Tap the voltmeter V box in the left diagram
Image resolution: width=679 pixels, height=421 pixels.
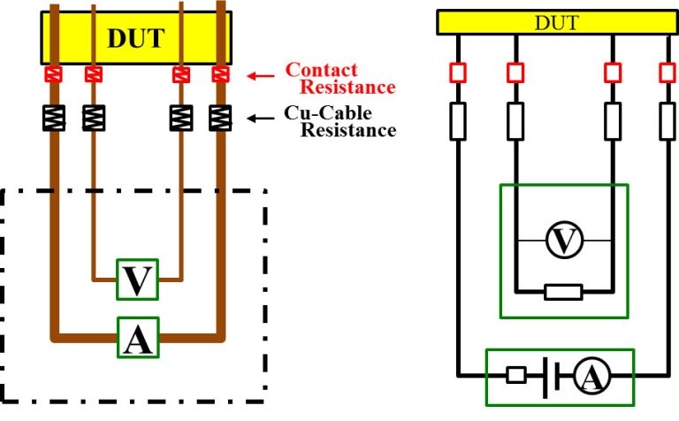[136, 279]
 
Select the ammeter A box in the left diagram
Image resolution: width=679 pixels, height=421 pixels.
[136, 337]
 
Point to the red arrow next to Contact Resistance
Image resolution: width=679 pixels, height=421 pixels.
[260, 76]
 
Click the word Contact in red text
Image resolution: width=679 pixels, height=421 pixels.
[321, 70]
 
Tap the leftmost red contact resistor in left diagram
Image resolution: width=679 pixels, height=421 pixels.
[55, 74]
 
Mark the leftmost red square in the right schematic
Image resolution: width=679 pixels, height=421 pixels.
[458, 72]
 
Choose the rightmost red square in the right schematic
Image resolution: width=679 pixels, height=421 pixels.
[666, 72]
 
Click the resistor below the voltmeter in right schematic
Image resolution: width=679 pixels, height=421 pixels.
[562, 292]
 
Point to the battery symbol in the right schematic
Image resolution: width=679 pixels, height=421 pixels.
[550, 376]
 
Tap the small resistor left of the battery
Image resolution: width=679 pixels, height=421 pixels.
[517, 376]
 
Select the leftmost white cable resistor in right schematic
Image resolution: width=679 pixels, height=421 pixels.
[458, 121]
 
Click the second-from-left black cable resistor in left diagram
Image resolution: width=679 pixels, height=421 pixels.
[92, 117]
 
